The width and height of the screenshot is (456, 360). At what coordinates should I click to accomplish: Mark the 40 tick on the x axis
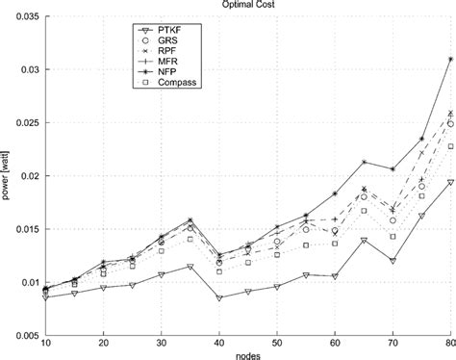pyautogui.click(x=219, y=343)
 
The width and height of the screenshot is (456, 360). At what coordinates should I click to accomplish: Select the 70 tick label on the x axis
pyautogui.click(x=393, y=343)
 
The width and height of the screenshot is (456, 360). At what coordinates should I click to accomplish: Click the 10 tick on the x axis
pyautogui.click(x=45, y=343)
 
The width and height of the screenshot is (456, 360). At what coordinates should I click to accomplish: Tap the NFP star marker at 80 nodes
pyautogui.click(x=450, y=60)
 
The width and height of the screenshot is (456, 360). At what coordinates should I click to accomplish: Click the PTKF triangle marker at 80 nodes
pyautogui.click(x=450, y=182)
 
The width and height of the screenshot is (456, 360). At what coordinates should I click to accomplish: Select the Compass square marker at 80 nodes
pyautogui.click(x=450, y=146)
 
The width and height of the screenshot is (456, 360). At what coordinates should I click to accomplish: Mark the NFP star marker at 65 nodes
pyautogui.click(x=364, y=162)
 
